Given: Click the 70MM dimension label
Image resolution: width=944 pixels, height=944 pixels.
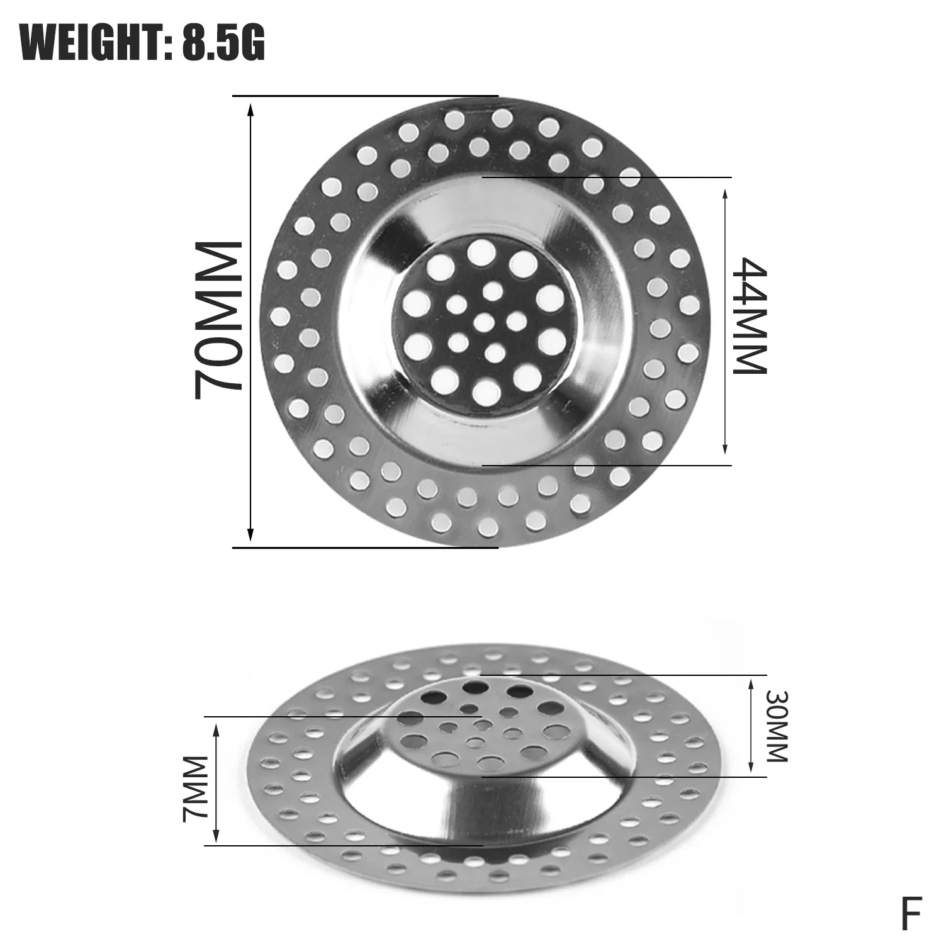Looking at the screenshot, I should click(x=218, y=321).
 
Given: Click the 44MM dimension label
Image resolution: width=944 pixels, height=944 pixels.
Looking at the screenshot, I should click(x=751, y=316).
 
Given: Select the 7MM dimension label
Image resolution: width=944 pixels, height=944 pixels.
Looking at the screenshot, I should click(x=194, y=789).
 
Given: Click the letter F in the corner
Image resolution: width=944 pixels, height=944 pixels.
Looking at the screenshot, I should click(x=911, y=914).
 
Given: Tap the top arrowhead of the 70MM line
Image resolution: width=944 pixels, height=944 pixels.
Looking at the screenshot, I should click(x=250, y=110).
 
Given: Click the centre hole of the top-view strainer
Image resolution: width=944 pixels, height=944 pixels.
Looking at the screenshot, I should click(x=483, y=322).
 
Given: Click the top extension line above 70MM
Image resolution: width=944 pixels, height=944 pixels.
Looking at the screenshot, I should click(x=365, y=96).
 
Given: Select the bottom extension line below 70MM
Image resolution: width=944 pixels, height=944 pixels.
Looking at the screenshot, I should click(x=365, y=548).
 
